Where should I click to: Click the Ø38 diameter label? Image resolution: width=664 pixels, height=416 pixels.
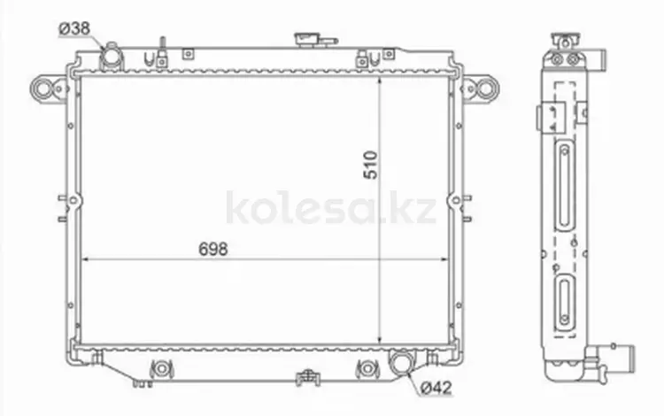coord(74,28)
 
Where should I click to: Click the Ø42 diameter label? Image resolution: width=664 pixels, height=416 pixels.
coord(436,388)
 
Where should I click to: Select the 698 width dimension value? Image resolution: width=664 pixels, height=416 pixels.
coord(213,250)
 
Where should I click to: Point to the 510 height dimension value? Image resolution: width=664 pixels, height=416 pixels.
coord(371,165)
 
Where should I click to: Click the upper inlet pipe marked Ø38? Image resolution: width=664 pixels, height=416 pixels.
coord(111,56)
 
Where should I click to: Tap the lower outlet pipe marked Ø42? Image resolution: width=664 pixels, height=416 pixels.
coord(401,363)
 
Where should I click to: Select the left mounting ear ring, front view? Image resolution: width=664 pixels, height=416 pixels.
coord(43,89)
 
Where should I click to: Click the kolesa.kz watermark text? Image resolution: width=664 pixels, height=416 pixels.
coord(331,208)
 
